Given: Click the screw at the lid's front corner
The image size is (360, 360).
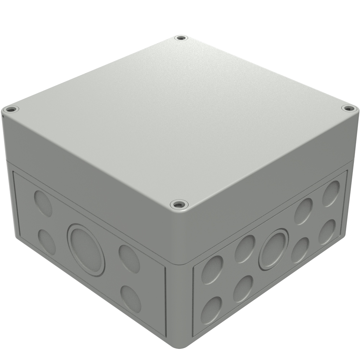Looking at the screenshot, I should click(179, 205).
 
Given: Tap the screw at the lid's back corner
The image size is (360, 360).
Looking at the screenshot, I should click(181, 38).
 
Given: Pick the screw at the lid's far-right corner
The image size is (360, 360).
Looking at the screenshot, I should click(347, 108).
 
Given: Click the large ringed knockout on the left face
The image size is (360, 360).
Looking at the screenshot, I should click(86, 250).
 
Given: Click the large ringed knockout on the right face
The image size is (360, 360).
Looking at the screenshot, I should click(273, 251).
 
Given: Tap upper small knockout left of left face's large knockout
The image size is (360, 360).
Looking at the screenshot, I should click(43, 203).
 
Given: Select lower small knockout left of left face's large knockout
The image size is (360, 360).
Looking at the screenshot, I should click(47, 242).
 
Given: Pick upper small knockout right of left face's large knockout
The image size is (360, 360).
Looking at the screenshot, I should click(129, 259).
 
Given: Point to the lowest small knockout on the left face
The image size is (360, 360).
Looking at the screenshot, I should click(131, 299).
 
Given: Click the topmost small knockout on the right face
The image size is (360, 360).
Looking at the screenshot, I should click(331, 193).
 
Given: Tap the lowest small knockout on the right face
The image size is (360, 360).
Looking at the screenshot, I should click(211, 310).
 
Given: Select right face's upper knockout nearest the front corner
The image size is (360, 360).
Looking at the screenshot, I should click(212, 270).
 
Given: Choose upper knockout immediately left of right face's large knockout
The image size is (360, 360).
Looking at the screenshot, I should click(245, 248).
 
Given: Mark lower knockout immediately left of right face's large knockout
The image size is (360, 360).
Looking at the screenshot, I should click(243, 288).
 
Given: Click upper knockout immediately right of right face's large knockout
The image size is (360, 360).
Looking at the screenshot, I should click(303, 211).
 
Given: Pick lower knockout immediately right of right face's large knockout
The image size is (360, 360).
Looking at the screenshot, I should click(300, 250).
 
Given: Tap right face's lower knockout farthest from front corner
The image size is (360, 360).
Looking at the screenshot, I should click(327, 231).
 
